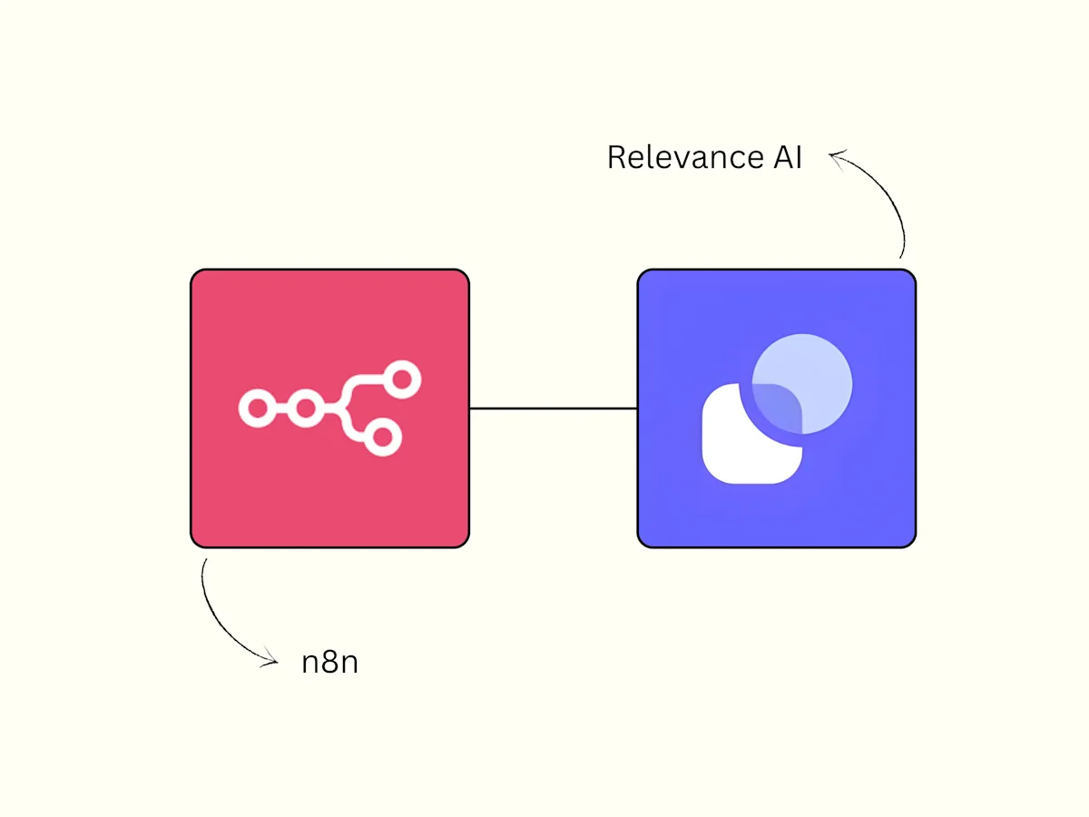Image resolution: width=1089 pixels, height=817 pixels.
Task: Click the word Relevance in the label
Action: click(686, 157)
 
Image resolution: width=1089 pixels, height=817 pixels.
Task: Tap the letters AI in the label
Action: click(788, 157)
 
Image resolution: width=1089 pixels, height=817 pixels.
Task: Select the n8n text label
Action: click(330, 662)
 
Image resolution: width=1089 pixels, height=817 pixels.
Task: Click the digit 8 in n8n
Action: click(330, 662)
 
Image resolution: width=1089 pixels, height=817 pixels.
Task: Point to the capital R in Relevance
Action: click(617, 157)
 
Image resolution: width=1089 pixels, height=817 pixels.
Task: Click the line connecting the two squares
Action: click(554, 408)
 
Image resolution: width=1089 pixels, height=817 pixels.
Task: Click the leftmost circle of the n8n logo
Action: click(257, 408)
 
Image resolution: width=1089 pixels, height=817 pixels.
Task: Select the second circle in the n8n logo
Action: click(305, 408)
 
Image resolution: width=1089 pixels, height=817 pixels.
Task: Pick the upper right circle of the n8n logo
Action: click(402, 380)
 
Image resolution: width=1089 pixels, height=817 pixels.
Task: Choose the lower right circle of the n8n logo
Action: click(383, 437)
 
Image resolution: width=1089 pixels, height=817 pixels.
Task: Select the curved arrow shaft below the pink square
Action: click(219, 620)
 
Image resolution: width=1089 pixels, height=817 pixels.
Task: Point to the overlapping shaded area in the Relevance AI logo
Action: click(779, 407)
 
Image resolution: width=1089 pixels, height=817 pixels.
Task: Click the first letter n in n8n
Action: click(311, 664)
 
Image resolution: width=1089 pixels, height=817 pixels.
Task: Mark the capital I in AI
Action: click(799, 157)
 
